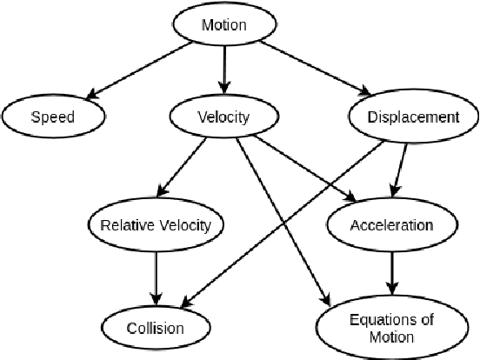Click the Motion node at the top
tap(224, 25)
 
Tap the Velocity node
tap(224, 117)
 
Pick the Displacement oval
tap(414, 117)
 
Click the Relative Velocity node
tap(157, 225)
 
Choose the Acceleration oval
tap(390, 225)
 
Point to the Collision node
tap(157, 327)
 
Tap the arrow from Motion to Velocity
tap(225, 70)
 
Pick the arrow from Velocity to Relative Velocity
tap(184, 170)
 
